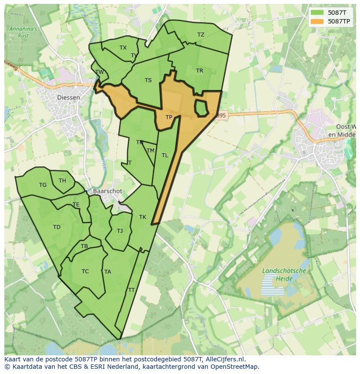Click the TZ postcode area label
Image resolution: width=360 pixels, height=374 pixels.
coord(200,35)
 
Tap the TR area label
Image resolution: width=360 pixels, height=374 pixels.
coord(199,71)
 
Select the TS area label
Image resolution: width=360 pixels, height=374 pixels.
coord(148,80)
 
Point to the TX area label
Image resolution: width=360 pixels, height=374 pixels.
coord(123,48)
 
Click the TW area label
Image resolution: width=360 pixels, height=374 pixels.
coord(100,72)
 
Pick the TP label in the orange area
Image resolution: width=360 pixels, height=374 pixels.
coord(169,117)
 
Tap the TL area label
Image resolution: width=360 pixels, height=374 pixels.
coord(165,156)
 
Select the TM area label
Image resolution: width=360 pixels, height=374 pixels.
coord(150,151)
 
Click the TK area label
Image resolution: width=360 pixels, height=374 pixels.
coord(143,217)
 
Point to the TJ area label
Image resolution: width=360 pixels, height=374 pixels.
coord(120,231)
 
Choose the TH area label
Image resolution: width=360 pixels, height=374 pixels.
coord(62,181)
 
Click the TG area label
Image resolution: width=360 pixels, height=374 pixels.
coord(43,185)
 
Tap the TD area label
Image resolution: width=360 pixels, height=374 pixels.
coord(57,227)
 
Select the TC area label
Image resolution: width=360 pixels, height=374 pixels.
coord(85,271)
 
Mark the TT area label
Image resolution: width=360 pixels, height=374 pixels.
coord(131,290)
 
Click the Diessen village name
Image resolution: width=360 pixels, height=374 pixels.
coord(69,98)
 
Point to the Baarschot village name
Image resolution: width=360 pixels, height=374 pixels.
coord(107,191)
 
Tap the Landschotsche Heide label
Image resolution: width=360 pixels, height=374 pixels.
coord(284,274)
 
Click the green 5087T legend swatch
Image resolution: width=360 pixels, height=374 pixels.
coord(317,12)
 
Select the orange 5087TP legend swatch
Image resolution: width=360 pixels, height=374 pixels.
coord(317,21)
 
